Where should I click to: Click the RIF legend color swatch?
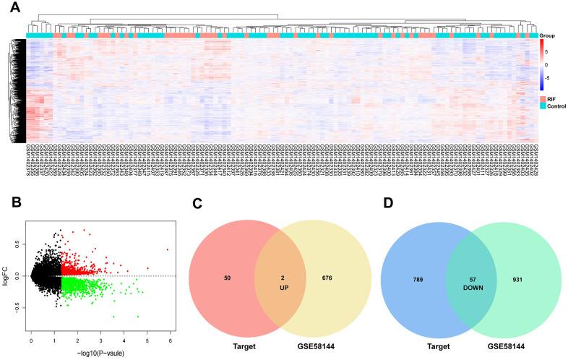point(543,98)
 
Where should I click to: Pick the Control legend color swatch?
point(543,106)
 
